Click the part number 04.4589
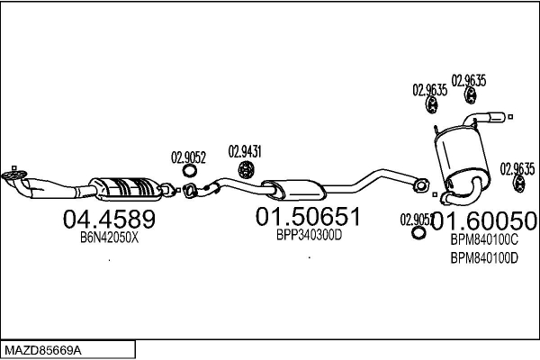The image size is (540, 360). pos(109,219)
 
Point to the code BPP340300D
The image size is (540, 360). pos(309,235)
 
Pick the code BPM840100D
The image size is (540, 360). pos(483,257)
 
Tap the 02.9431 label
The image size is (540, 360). pos(244,150)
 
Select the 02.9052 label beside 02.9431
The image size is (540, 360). pos(189,157)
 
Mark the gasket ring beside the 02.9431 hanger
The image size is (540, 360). pos(191,171)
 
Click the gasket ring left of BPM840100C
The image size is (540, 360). pos(418,234)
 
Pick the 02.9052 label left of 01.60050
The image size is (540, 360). pos(416,219)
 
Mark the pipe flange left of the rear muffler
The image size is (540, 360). pos(418,186)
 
